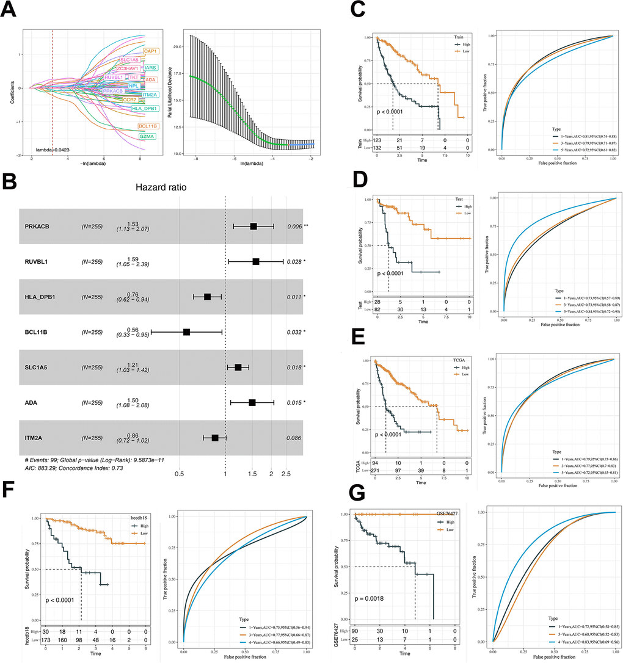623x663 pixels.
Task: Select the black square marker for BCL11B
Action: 187,332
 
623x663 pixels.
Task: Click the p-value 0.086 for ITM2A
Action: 295,438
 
